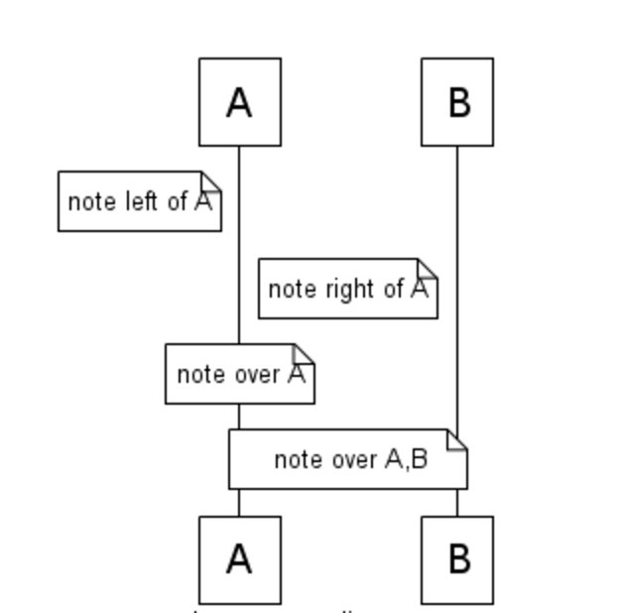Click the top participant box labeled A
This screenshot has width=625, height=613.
click(x=239, y=102)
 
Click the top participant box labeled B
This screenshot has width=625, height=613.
click(x=457, y=102)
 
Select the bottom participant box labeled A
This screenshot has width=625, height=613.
click(x=239, y=559)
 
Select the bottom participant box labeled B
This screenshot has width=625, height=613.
click(x=457, y=559)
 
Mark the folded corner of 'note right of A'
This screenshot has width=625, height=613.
click(x=428, y=268)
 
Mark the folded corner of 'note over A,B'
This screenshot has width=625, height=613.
click(x=457, y=438)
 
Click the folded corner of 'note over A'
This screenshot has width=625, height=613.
click(x=305, y=353)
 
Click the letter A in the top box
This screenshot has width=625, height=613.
click(x=239, y=102)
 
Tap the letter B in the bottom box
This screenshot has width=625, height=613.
click(x=458, y=559)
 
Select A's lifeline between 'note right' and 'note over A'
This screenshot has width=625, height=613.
click(x=238, y=331)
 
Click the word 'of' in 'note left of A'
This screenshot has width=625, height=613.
click(x=178, y=201)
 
